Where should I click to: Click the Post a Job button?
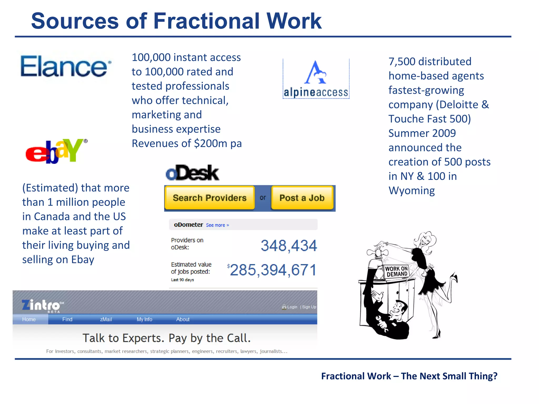click(302, 198)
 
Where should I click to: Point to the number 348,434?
click(289, 246)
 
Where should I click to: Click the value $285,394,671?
click(272, 270)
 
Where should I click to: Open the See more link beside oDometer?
click(217, 225)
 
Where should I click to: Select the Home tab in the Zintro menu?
click(29, 319)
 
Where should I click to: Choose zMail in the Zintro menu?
click(106, 319)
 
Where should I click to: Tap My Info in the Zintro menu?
click(144, 319)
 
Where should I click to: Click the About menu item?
click(183, 319)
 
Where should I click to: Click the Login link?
click(292, 307)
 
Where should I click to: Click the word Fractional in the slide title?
click(206, 21)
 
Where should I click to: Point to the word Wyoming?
click(412, 191)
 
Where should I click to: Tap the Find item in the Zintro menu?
click(67, 319)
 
